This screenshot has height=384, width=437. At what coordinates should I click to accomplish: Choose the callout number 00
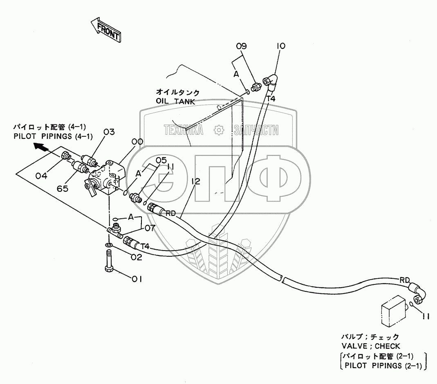tap(137, 142)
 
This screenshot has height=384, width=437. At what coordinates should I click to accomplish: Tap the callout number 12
tap(196, 182)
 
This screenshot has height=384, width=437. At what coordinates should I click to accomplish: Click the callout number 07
tap(150, 228)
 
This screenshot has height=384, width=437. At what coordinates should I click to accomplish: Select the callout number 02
tap(136, 257)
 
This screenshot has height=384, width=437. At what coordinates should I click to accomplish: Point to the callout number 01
tap(136, 279)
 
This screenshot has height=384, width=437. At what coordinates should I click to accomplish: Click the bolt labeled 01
tap(110, 261)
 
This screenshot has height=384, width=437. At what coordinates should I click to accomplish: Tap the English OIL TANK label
tap(175, 101)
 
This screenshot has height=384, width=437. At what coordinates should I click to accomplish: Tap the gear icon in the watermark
tap(219, 130)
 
